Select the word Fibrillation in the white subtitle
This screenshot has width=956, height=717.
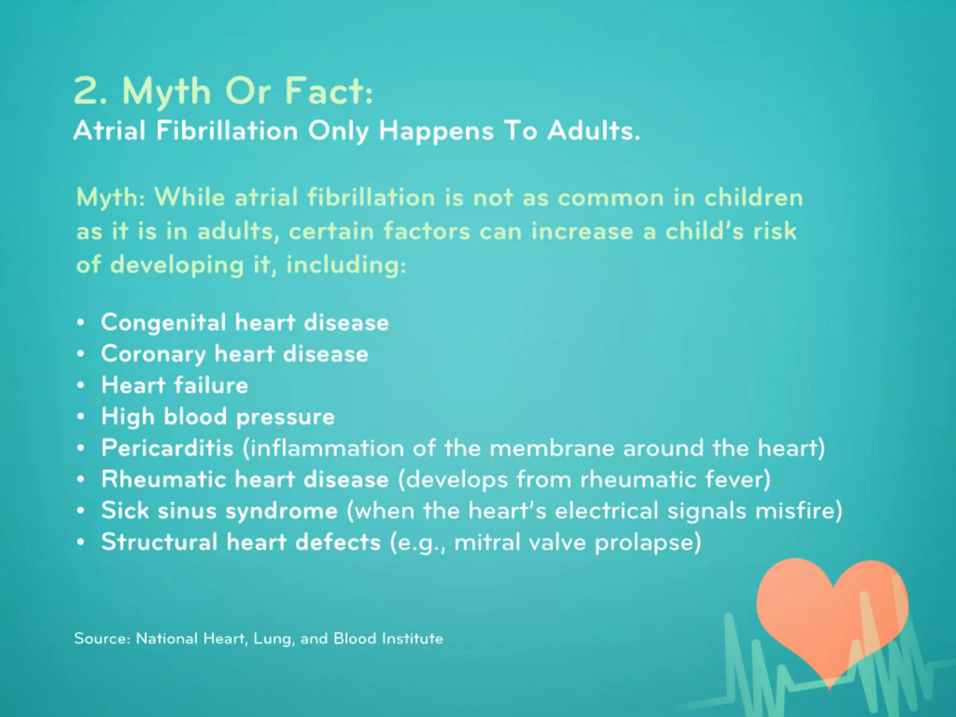(227, 131)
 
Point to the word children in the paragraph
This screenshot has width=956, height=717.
(753, 197)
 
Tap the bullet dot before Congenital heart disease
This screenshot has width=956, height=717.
(81, 323)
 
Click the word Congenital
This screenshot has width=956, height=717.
(163, 323)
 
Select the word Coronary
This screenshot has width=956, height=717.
(153, 354)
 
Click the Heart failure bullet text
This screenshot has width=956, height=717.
(175, 386)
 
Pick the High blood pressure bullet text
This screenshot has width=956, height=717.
(218, 417)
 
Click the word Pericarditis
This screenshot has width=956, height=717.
(167, 448)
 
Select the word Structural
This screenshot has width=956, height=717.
(159, 542)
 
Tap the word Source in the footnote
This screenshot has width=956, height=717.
(100, 639)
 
